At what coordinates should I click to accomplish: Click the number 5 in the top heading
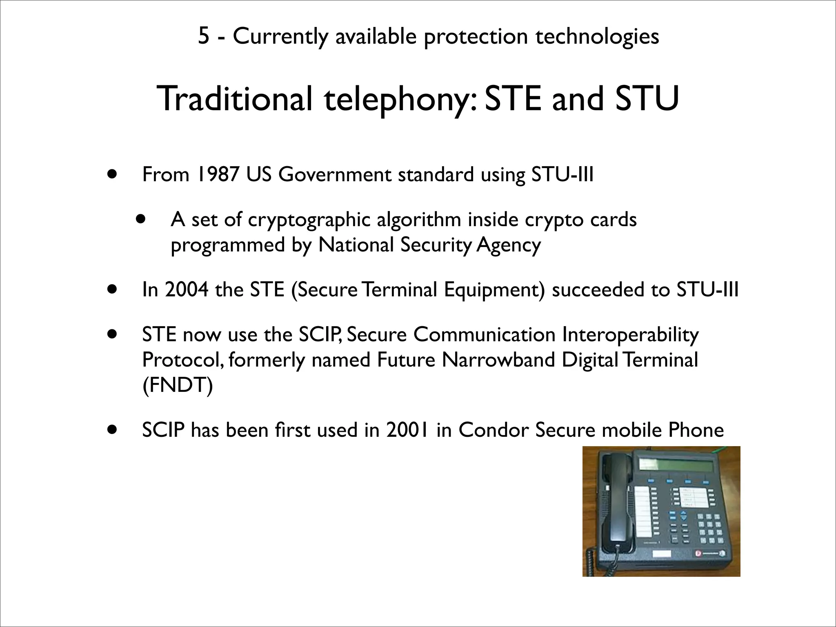tap(203, 36)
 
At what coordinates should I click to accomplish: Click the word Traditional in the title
tap(234, 99)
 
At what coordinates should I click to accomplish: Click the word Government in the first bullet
tap(334, 175)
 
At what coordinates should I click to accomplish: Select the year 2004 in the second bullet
tap(187, 290)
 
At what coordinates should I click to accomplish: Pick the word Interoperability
tap(630, 335)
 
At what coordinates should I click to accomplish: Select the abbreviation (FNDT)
tap(178, 385)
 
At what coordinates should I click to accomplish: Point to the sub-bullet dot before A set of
tap(141, 219)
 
